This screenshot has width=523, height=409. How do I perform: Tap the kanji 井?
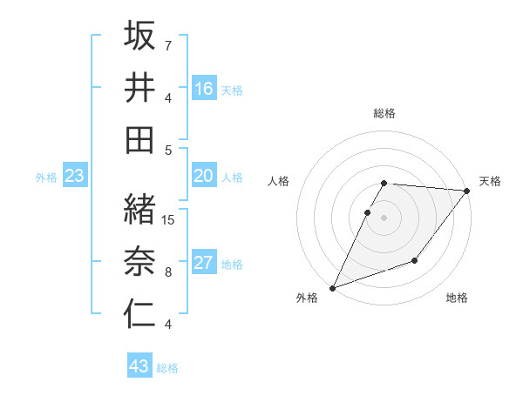[x=140, y=87]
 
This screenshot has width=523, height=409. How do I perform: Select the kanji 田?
[x=140, y=139]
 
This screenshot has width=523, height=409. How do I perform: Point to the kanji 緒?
[x=140, y=209]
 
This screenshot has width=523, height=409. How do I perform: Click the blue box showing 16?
[x=204, y=89]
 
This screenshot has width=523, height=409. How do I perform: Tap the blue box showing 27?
[x=204, y=264]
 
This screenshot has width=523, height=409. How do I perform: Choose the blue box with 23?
[x=75, y=177]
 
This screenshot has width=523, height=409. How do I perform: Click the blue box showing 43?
[x=139, y=366]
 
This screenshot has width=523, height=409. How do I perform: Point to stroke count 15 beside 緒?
[x=169, y=220]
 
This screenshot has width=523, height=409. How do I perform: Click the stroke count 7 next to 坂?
[x=168, y=45]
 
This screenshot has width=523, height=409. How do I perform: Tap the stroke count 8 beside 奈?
[x=168, y=272]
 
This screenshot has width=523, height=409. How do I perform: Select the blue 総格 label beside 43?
[x=167, y=368]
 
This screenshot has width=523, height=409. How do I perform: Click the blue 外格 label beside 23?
[x=46, y=178]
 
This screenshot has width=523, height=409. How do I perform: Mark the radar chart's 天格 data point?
[x=467, y=192]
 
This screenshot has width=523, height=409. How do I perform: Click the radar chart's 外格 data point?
[x=332, y=287]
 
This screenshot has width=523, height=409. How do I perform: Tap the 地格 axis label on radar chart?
[x=457, y=298]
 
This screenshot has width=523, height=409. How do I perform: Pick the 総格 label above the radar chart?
[x=384, y=113]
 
